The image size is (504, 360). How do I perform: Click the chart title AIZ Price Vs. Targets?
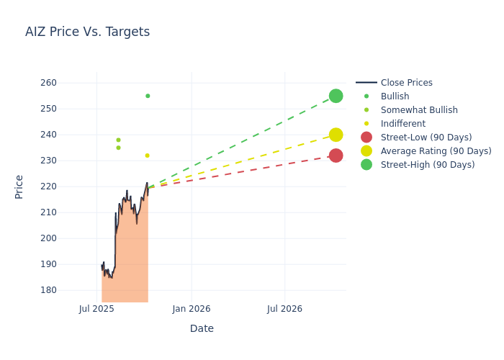point(87,32)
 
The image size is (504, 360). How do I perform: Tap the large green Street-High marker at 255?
point(336,96)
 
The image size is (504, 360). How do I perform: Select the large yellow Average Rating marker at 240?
point(336,135)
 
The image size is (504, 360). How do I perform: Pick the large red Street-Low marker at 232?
point(336,156)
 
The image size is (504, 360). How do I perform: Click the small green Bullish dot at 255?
point(148,96)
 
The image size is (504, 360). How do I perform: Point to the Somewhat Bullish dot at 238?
point(118,140)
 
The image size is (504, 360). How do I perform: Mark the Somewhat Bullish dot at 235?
point(118,148)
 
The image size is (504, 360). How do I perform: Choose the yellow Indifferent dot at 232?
point(147,156)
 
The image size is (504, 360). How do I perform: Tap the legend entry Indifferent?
point(402,124)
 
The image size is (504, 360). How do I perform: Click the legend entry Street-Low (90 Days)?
point(426,138)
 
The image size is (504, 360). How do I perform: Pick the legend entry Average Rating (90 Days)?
point(436,151)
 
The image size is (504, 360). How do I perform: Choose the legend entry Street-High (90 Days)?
point(428,165)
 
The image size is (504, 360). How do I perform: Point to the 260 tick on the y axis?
point(68,83)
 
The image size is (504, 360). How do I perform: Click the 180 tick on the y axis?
point(68,290)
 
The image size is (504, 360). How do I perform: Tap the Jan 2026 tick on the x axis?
point(192,310)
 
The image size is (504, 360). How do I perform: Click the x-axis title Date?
point(202,329)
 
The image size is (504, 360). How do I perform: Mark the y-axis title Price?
point(19,186)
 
